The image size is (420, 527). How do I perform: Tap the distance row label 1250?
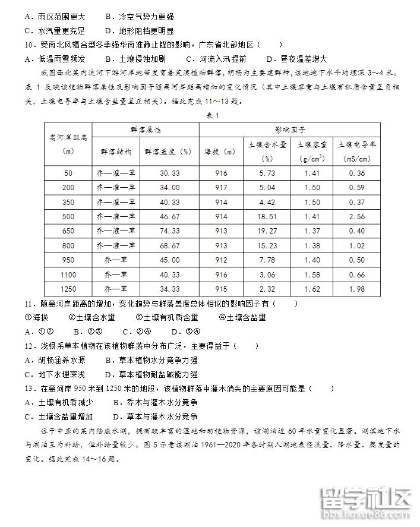(68, 289)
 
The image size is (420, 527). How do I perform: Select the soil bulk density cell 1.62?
(311, 289)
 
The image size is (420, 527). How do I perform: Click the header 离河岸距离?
(68, 137)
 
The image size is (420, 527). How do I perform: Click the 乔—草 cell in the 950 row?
(116, 260)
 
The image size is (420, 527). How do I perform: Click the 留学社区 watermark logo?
(365, 505)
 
